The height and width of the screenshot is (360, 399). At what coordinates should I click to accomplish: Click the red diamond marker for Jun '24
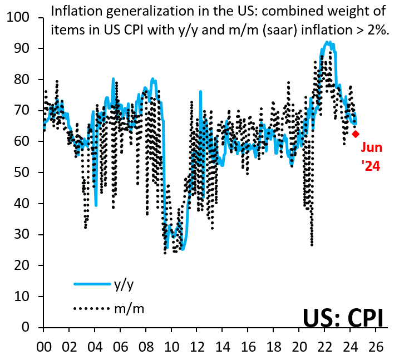tap(356, 134)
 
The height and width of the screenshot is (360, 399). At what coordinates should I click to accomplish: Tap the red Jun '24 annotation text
tap(371, 156)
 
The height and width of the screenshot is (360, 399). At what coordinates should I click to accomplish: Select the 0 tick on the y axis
tap(33, 328)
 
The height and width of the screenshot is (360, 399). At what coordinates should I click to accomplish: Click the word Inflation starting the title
tap(75, 11)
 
